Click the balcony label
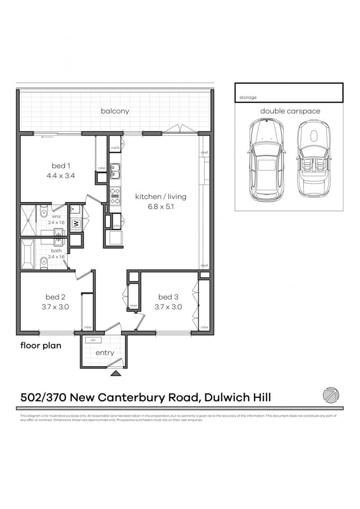click(115, 111)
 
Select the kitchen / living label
click(161, 197)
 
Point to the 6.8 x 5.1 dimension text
click(161, 207)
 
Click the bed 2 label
click(55, 297)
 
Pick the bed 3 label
click(168, 297)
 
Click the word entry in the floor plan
click(104, 353)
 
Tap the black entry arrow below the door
click(116, 373)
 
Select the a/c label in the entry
click(94, 341)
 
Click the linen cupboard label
click(133, 306)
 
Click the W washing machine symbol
click(76, 223)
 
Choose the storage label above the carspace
click(248, 97)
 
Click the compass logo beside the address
click(331, 395)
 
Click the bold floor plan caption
click(40, 346)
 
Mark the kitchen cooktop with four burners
click(114, 196)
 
